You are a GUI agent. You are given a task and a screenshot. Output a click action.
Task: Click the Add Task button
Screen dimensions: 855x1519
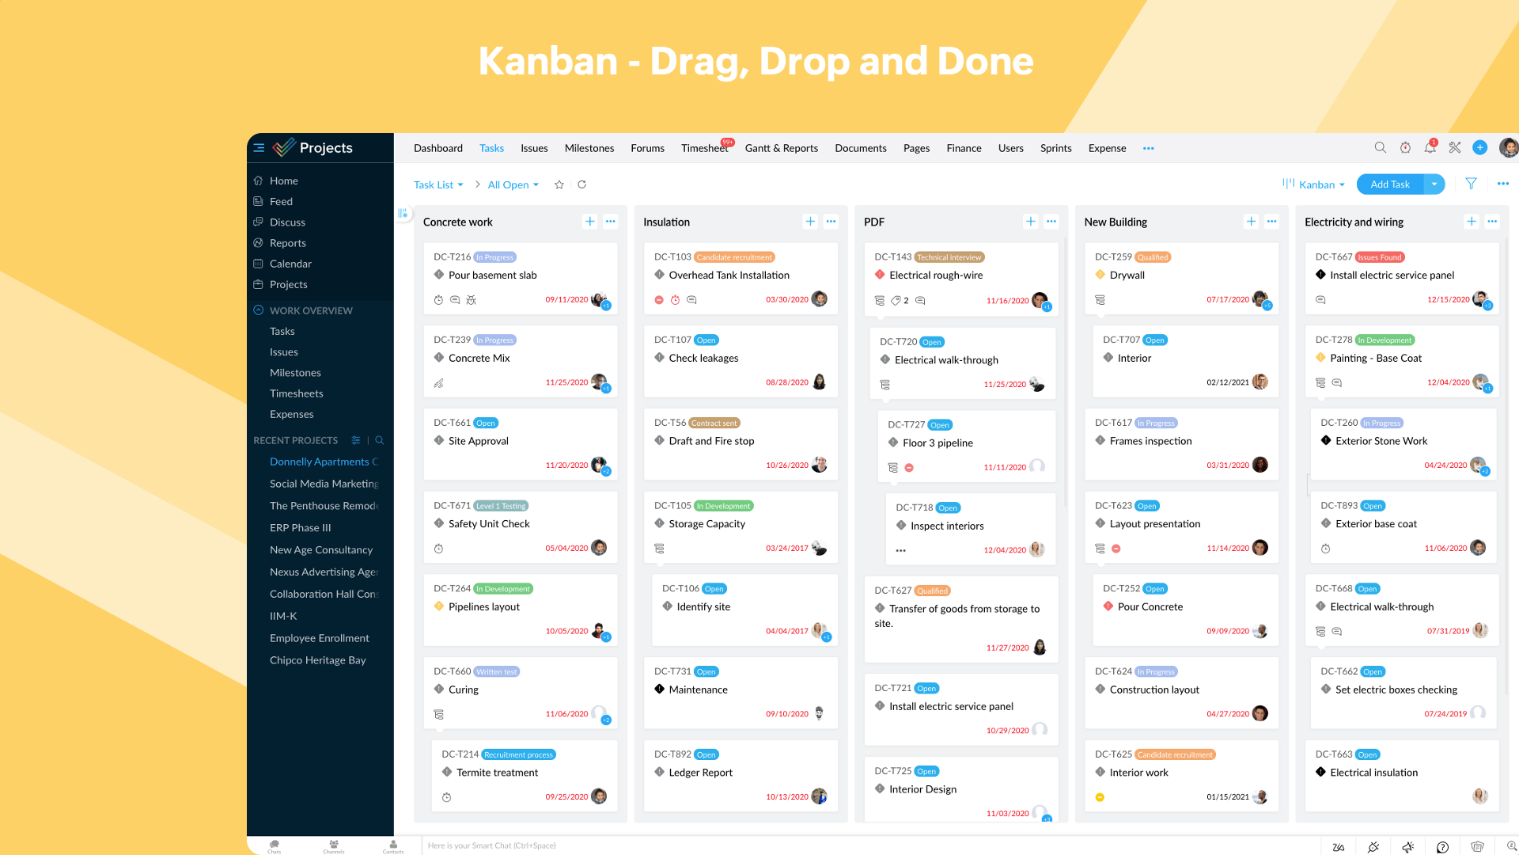coord(1389,184)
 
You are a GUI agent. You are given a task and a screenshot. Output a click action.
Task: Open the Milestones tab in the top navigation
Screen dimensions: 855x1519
coord(589,148)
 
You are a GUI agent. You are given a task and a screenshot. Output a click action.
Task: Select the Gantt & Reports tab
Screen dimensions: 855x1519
coord(781,148)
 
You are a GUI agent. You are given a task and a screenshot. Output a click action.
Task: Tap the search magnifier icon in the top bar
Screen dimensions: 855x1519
coord(1380,148)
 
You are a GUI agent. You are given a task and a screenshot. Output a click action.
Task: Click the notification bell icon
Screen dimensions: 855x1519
coord(1430,148)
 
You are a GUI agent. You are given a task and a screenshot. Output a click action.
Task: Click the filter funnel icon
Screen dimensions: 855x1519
coord(1471,184)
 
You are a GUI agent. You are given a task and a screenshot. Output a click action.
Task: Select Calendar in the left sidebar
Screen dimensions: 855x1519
coord(290,264)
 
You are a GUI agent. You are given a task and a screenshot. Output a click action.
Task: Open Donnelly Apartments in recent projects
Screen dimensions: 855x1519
coord(319,462)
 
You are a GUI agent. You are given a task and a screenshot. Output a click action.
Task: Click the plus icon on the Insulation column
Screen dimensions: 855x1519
coord(810,222)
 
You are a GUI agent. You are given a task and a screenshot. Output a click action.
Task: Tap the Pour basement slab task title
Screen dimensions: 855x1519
coord(492,275)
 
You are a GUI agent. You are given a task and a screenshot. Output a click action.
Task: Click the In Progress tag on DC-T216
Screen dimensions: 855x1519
coord(494,257)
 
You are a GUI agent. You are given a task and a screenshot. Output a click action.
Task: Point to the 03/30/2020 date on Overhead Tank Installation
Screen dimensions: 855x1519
coord(786,300)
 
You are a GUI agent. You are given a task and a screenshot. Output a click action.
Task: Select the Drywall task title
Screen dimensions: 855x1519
coord(1127,275)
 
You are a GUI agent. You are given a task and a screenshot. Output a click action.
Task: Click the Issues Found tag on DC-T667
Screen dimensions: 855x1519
coord(1379,257)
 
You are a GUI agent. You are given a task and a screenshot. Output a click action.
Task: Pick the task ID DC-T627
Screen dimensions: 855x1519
coord(892,591)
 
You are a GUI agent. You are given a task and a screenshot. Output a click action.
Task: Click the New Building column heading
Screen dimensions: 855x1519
coord(1116,222)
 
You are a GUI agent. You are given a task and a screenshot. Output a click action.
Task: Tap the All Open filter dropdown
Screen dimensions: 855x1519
coord(513,184)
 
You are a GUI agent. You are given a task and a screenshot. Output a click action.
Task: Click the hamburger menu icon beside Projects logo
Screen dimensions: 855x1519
coord(259,148)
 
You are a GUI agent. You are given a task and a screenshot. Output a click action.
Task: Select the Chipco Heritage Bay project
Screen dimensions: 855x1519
coord(317,660)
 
